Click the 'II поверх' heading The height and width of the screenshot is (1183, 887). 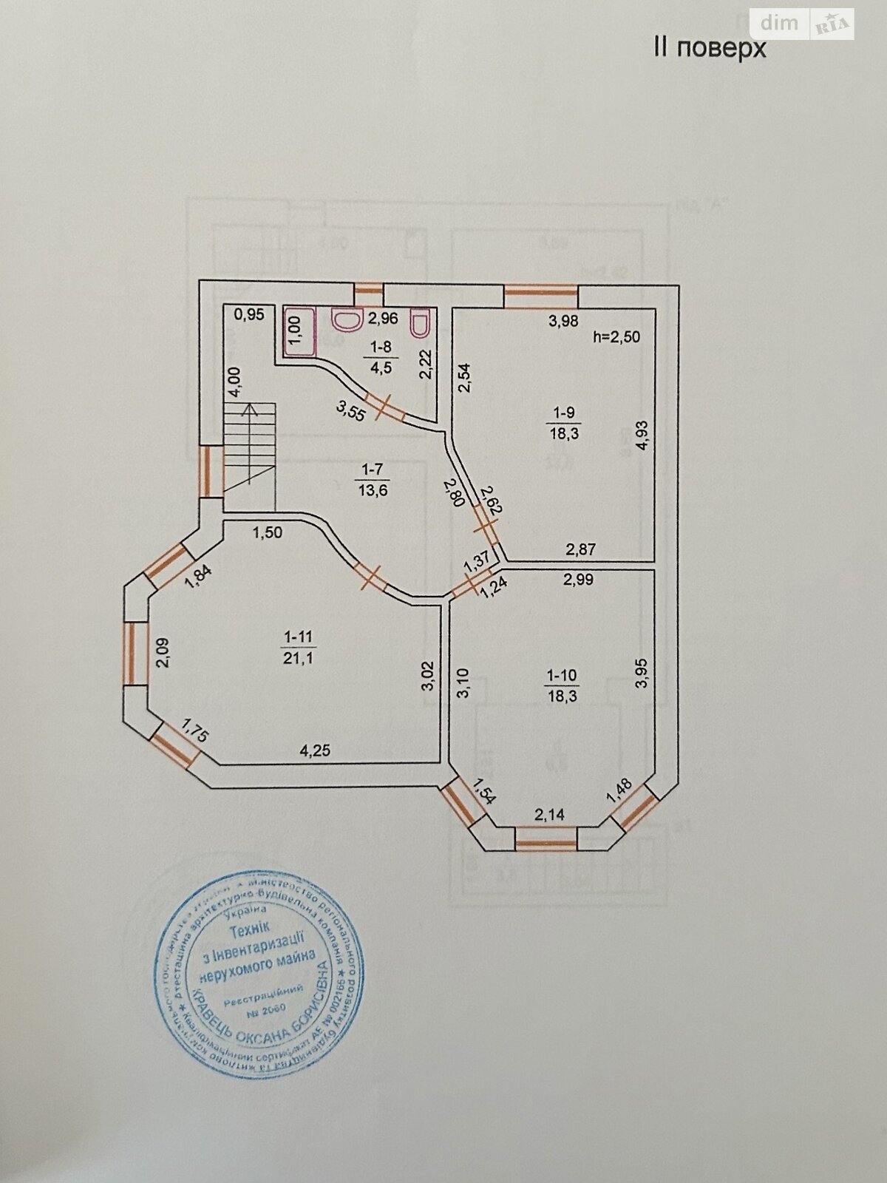709,49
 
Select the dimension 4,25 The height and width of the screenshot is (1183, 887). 314,750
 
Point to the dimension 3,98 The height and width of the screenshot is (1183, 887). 563,320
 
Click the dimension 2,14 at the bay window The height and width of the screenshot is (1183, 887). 549,815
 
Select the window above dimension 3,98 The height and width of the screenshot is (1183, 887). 540,296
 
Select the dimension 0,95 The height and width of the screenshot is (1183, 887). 248,314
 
